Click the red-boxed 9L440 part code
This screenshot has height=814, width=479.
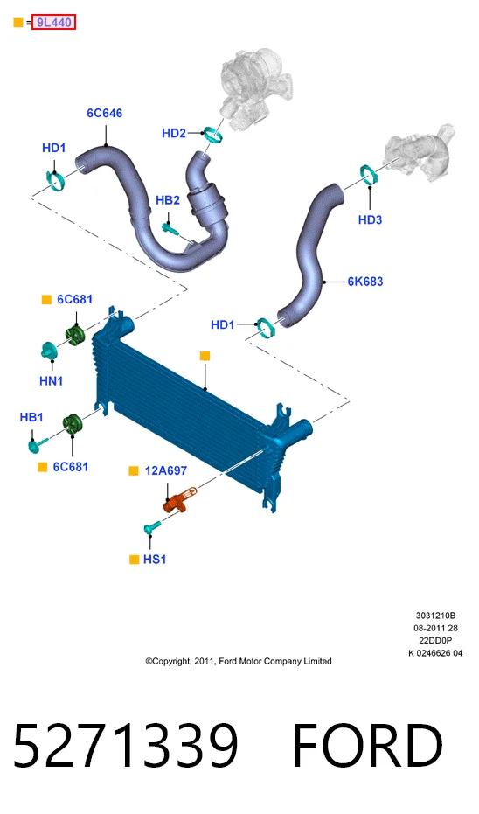tap(53, 23)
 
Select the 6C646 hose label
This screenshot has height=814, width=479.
tap(104, 113)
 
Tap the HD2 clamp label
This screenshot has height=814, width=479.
tap(174, 134)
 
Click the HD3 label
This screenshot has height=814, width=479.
tap(370, 220)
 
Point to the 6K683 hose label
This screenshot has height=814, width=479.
tap(365, 282)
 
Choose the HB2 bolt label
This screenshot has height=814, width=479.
tap(168, 200)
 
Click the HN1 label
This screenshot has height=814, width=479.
tap(52, 381)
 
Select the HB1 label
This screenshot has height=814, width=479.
tap(31, 417)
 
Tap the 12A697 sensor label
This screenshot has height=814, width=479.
tap(166, 471)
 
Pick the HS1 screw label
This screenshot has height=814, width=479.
tap(155, 560)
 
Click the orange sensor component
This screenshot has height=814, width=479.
tap(179, 500)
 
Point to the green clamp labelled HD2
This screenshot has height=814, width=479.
tap(213, 134)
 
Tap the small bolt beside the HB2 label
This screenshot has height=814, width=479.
tap(170, 228)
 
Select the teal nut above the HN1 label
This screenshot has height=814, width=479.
tap(49, 351)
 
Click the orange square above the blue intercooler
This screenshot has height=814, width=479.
tap(205, 356)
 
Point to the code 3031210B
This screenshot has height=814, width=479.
tap(435, 616)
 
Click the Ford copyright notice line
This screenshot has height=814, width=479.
tap(239, 661)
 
